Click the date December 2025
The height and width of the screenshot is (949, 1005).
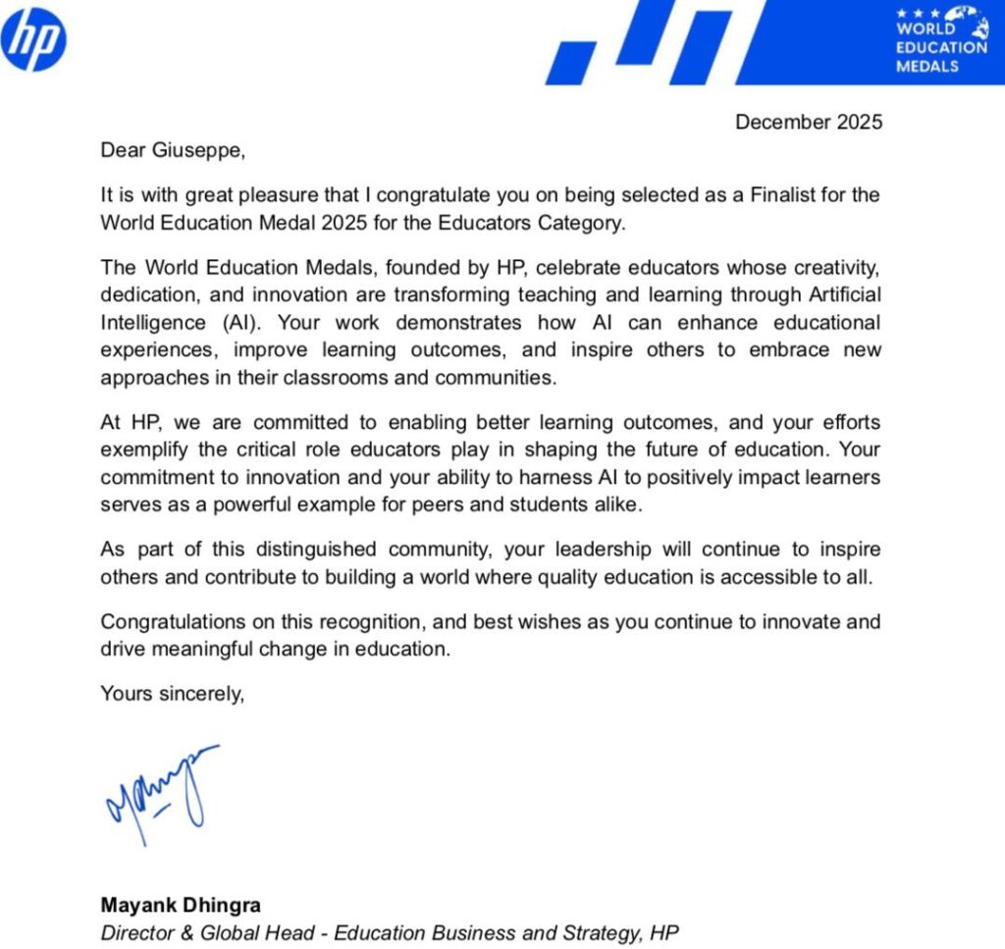click(809, 123)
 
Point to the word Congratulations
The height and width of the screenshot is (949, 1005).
click(178, 622)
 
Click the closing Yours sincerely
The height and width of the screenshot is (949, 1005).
click(172, 695)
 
